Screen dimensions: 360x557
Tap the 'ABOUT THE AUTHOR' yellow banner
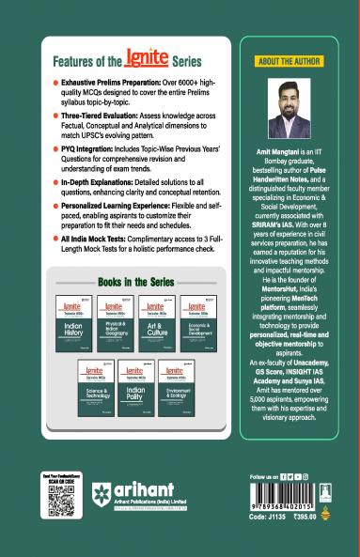point(295,61)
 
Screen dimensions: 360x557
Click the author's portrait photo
point(295,109)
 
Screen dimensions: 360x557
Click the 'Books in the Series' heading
point(136,281)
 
